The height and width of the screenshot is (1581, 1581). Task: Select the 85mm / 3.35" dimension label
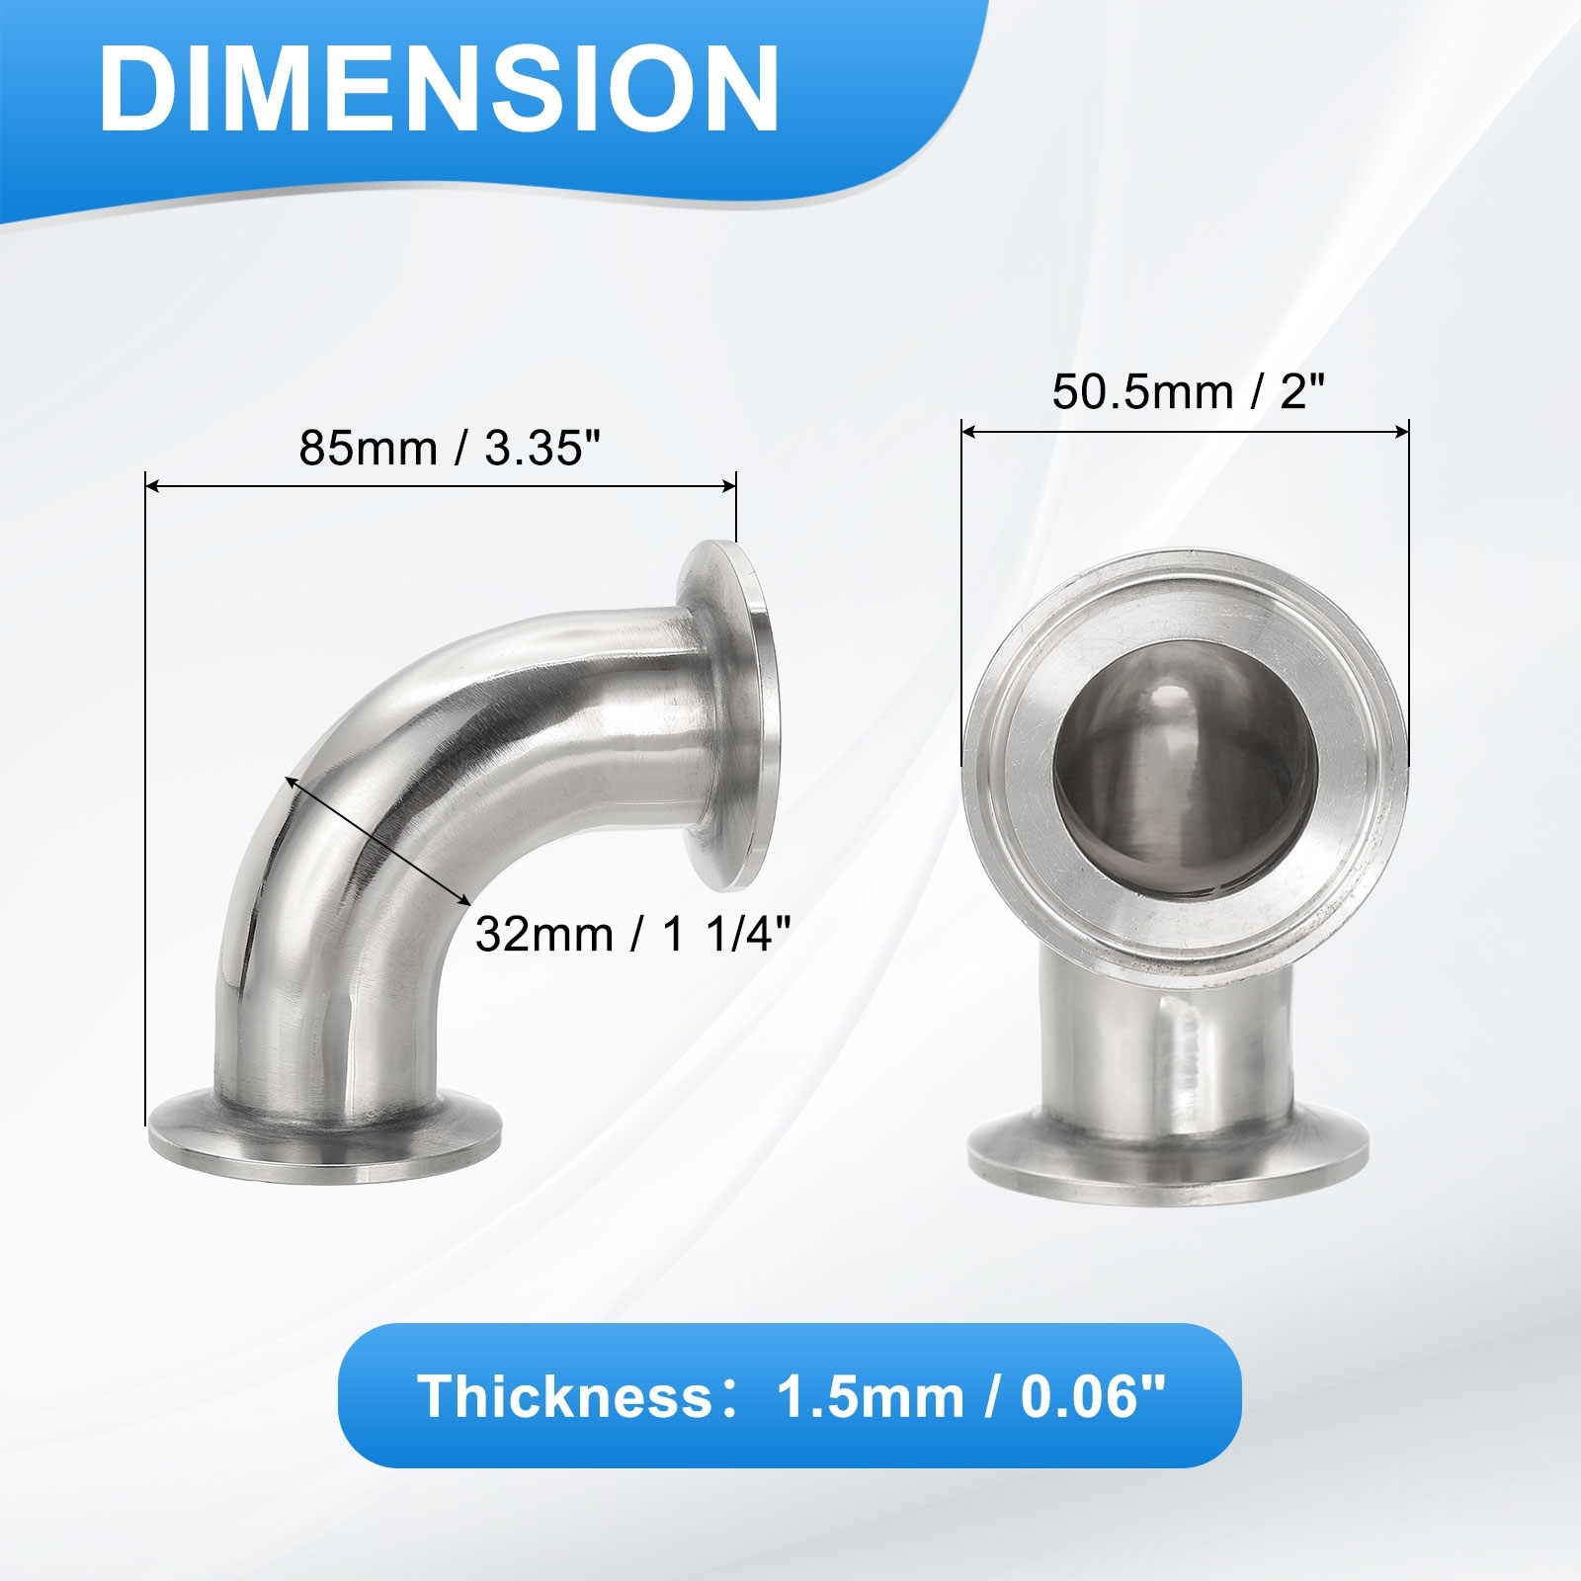coord(451,448)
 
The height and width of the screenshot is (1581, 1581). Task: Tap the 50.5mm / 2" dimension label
coord(1187,392)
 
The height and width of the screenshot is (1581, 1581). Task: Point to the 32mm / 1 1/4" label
coord(632,933)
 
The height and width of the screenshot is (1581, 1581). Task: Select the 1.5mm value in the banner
coord(870,1396)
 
